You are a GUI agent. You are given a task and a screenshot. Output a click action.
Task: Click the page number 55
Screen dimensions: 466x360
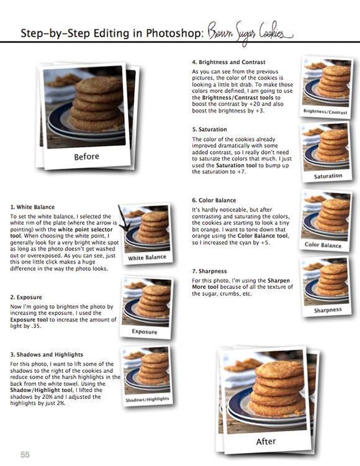(25, 454)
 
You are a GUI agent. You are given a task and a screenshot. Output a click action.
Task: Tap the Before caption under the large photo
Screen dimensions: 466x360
(86, 157)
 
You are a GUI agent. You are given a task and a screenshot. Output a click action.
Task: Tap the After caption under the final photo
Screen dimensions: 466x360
(266, 442)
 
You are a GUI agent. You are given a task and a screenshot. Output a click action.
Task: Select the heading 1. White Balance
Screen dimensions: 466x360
(32, 207)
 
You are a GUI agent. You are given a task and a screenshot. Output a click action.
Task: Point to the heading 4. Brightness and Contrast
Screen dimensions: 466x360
(228, 62)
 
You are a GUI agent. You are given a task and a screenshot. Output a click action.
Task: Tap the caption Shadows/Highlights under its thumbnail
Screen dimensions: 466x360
(147, 400)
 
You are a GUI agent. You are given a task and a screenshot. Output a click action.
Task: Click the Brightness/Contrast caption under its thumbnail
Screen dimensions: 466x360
(325, 112)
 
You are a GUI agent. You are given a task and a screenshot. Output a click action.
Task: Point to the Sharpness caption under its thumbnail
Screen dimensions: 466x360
(328, 309)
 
